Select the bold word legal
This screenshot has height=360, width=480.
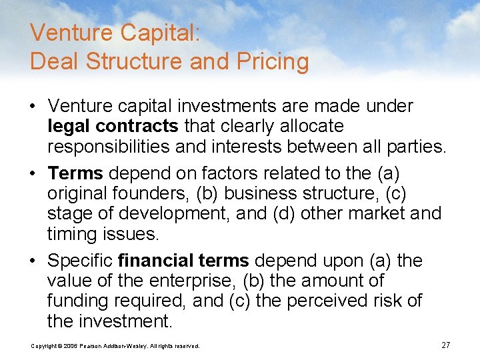coord(69,126)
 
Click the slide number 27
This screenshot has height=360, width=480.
coord(446,345)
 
